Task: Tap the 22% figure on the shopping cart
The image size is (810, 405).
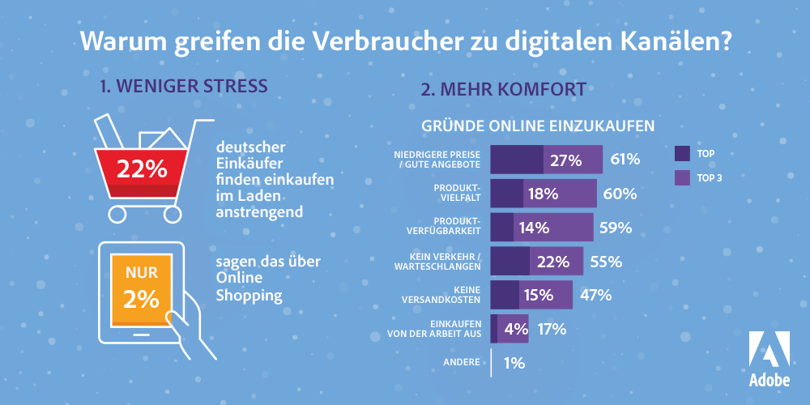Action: coord(142,169)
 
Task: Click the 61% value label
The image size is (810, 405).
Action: coord(625,160)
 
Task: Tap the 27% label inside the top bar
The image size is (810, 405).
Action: coord(565,160)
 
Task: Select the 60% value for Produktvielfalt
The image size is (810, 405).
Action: coord(619,194)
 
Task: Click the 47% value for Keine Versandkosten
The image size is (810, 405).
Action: coord(595,295)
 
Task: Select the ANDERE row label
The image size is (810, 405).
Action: coord(462,362)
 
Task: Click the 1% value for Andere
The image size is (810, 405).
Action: coord(514,363)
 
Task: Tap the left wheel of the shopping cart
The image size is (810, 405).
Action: coord(117,214)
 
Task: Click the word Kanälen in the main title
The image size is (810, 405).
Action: coord(673,40)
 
